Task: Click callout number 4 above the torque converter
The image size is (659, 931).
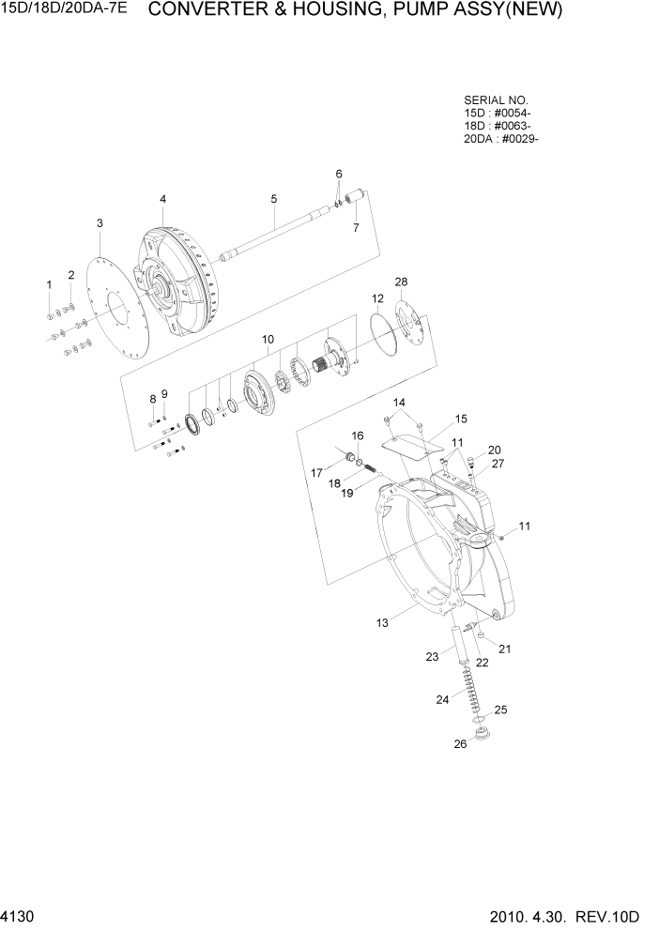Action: click(x=162, y=199)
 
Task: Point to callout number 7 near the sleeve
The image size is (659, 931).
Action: click(x=356, y=228)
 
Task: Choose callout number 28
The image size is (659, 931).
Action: click(x=401, y=282)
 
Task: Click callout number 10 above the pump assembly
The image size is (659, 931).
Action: click(x=268, y=338)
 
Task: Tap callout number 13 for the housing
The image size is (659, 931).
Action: click(x=382, y=621)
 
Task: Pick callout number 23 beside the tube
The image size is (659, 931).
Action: click(x=432, y=657)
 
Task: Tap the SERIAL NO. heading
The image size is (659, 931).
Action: click(x=496, y=99)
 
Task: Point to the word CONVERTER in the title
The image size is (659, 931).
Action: click(x=202, y=11)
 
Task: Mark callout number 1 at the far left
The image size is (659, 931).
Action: click(x=50, y=283)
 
